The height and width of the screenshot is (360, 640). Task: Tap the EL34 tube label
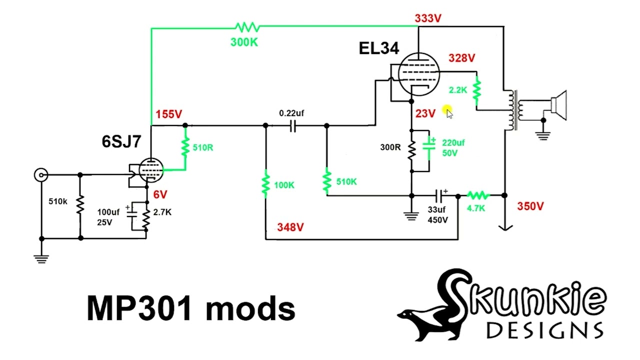click(378, 48)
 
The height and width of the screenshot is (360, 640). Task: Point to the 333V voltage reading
click(428, 18)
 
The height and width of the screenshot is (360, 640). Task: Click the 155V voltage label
click(168, 114)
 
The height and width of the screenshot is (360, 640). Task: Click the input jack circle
click(41, 175)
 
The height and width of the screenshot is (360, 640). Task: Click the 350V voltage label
click(530, 206)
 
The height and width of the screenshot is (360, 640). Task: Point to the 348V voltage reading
click(290, 227)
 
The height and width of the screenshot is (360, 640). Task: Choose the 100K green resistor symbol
click(266, 184)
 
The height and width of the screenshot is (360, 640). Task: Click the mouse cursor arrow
click(448, 112)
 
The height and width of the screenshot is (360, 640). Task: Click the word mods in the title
click(250, 308)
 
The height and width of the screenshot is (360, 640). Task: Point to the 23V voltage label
click(425, 113)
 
